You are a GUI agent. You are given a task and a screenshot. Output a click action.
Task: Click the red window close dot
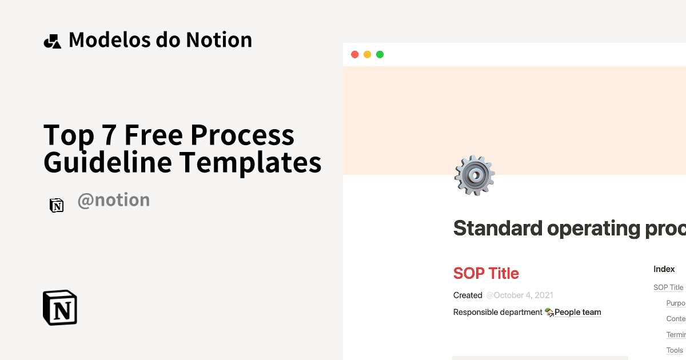click(x=354, y=54)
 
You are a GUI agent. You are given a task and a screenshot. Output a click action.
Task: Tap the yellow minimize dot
click(x=367, y=54)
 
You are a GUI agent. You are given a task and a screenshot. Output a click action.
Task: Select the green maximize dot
click(x=380, y=54)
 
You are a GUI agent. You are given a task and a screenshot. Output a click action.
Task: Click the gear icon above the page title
click(x=474, y=175)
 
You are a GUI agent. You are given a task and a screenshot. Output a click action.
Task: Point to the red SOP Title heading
click(x=486, y=273)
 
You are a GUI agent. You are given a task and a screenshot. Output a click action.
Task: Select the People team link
click(x=577, y=312)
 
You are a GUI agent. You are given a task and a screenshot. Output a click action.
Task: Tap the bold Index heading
click(x=664, y=269)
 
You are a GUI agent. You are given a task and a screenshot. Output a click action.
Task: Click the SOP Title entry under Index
click(x=668, y=287)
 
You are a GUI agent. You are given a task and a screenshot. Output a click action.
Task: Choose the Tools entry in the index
click(x=675, y=350)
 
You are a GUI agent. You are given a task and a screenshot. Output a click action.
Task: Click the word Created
click(x=468, y=295)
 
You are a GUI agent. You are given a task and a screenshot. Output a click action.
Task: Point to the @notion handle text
click(x=113, y=200)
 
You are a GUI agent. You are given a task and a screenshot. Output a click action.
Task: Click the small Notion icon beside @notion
click(x=57, y=206)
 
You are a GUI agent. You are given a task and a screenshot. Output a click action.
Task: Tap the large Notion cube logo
click(x=60, y=308)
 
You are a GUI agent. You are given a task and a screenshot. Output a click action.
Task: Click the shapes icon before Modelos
click(x=52, y=41)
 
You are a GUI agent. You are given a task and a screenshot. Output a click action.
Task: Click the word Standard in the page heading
click(x=497, y=228)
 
